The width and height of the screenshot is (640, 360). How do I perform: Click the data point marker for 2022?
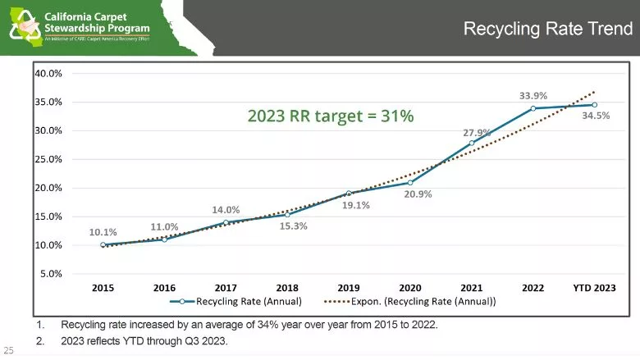pyautogui.click(x=533, y=108)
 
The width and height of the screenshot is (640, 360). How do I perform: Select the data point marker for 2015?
pyautogui.click(x=103, y=244)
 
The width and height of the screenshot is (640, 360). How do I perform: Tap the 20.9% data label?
pyautogui.click(x=418, y=194)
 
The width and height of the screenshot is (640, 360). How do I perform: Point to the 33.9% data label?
pyautogui.click(x=533, y=95)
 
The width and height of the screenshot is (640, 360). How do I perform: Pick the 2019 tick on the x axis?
pyautogui.click(x=349, y=288)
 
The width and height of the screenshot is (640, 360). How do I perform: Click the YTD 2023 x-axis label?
pyautogui.click(x=593, y=288)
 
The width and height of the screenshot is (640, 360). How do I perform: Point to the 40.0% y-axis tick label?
pyautogui.click(x=48, y=73)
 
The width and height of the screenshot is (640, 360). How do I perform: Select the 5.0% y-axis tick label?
pyautogui.click(x=51, y=274)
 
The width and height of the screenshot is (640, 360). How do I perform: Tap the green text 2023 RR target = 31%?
pyautogui.click(x=331, y=116)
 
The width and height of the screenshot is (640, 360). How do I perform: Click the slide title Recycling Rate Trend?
pyautogui.click(x=547, y=30)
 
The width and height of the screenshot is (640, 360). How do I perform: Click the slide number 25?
pyautogui.click(x=9, y=348)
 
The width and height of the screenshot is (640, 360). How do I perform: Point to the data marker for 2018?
pyautogui.click(x=287, y=215)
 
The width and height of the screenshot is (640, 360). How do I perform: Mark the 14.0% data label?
pyautogui.click(x=226, y=210)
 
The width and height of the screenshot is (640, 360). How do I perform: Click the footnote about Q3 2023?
pyautogui.click(x=144, y=341)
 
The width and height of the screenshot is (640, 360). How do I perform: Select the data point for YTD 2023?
pyautogui.click(x=594, y=105)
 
